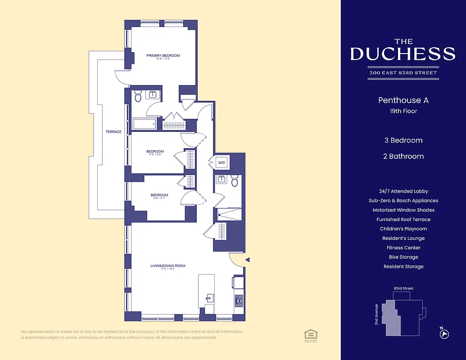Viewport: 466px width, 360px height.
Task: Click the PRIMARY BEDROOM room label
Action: (163, 56)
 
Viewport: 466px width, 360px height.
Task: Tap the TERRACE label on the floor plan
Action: (113, 132)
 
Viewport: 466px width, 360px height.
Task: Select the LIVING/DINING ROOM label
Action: (168, 266)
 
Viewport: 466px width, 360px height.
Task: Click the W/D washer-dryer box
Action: (222, 162)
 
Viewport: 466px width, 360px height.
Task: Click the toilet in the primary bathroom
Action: (138, 96)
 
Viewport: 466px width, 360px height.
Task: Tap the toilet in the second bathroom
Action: (235, 181)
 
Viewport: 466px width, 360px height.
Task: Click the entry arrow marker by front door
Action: (247, 259)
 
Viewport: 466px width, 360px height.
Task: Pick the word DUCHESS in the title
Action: (403, 54)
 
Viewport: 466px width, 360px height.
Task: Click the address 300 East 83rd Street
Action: (403, 73)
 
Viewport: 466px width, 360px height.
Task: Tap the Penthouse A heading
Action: (403, 100)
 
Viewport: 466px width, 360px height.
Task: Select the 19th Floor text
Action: (403, 111)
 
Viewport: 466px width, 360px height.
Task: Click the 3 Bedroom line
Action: (403, 140)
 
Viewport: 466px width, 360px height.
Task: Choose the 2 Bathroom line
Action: (403, 157)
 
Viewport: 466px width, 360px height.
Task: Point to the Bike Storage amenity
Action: (403, 257)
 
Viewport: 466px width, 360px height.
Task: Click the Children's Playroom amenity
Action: (403, 229)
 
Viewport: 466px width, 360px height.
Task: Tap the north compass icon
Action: (444, 334)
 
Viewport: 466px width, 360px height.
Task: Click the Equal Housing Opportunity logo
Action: (310, 334)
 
